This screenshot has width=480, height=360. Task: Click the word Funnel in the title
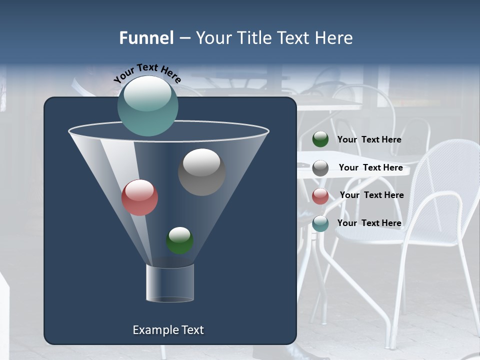pos(146,38)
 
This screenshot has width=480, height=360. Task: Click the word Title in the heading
pos(253,38)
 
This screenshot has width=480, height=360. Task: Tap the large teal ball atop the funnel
pos(147,106)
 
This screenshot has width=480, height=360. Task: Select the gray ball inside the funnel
pos(201,172)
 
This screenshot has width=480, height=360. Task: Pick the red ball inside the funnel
pos(139,197)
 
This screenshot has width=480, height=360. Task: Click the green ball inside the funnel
pos(179,240)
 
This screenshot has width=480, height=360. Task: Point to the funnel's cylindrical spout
pos(170,283)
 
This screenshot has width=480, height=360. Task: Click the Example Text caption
pos(168,330)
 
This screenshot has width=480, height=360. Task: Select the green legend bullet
pos(320,139)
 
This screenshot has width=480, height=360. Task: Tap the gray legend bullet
pos(320,168)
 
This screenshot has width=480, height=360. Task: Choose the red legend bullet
pos(320,196)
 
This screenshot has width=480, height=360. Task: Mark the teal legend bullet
pos(320,223)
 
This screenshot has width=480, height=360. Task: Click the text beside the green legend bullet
pos(369,139)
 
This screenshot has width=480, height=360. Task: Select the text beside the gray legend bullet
pos(370,167)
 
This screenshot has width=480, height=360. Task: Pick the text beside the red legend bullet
pos(371,195)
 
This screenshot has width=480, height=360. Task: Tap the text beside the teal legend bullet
pos(369,223)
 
